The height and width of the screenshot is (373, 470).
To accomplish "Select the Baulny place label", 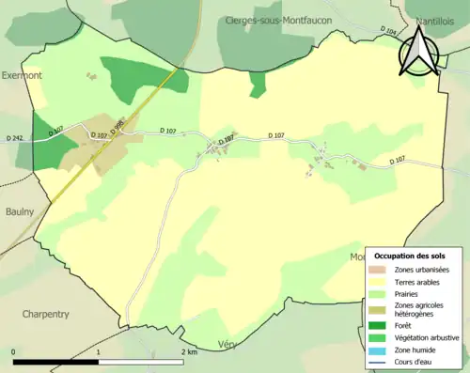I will click(19, 212).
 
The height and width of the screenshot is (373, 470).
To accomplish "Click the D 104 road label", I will click(390, 31).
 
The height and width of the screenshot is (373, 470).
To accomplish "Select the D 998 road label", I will click(118, 127).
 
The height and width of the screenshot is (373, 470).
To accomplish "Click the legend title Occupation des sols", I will click(410, 256).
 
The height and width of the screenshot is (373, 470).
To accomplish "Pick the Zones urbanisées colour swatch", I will click(382, 270).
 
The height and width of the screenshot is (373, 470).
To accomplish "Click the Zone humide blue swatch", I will click(382, 349).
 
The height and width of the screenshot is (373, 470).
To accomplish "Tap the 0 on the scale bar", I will click(13, 352).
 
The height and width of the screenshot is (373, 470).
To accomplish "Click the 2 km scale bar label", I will click(188, 352).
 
